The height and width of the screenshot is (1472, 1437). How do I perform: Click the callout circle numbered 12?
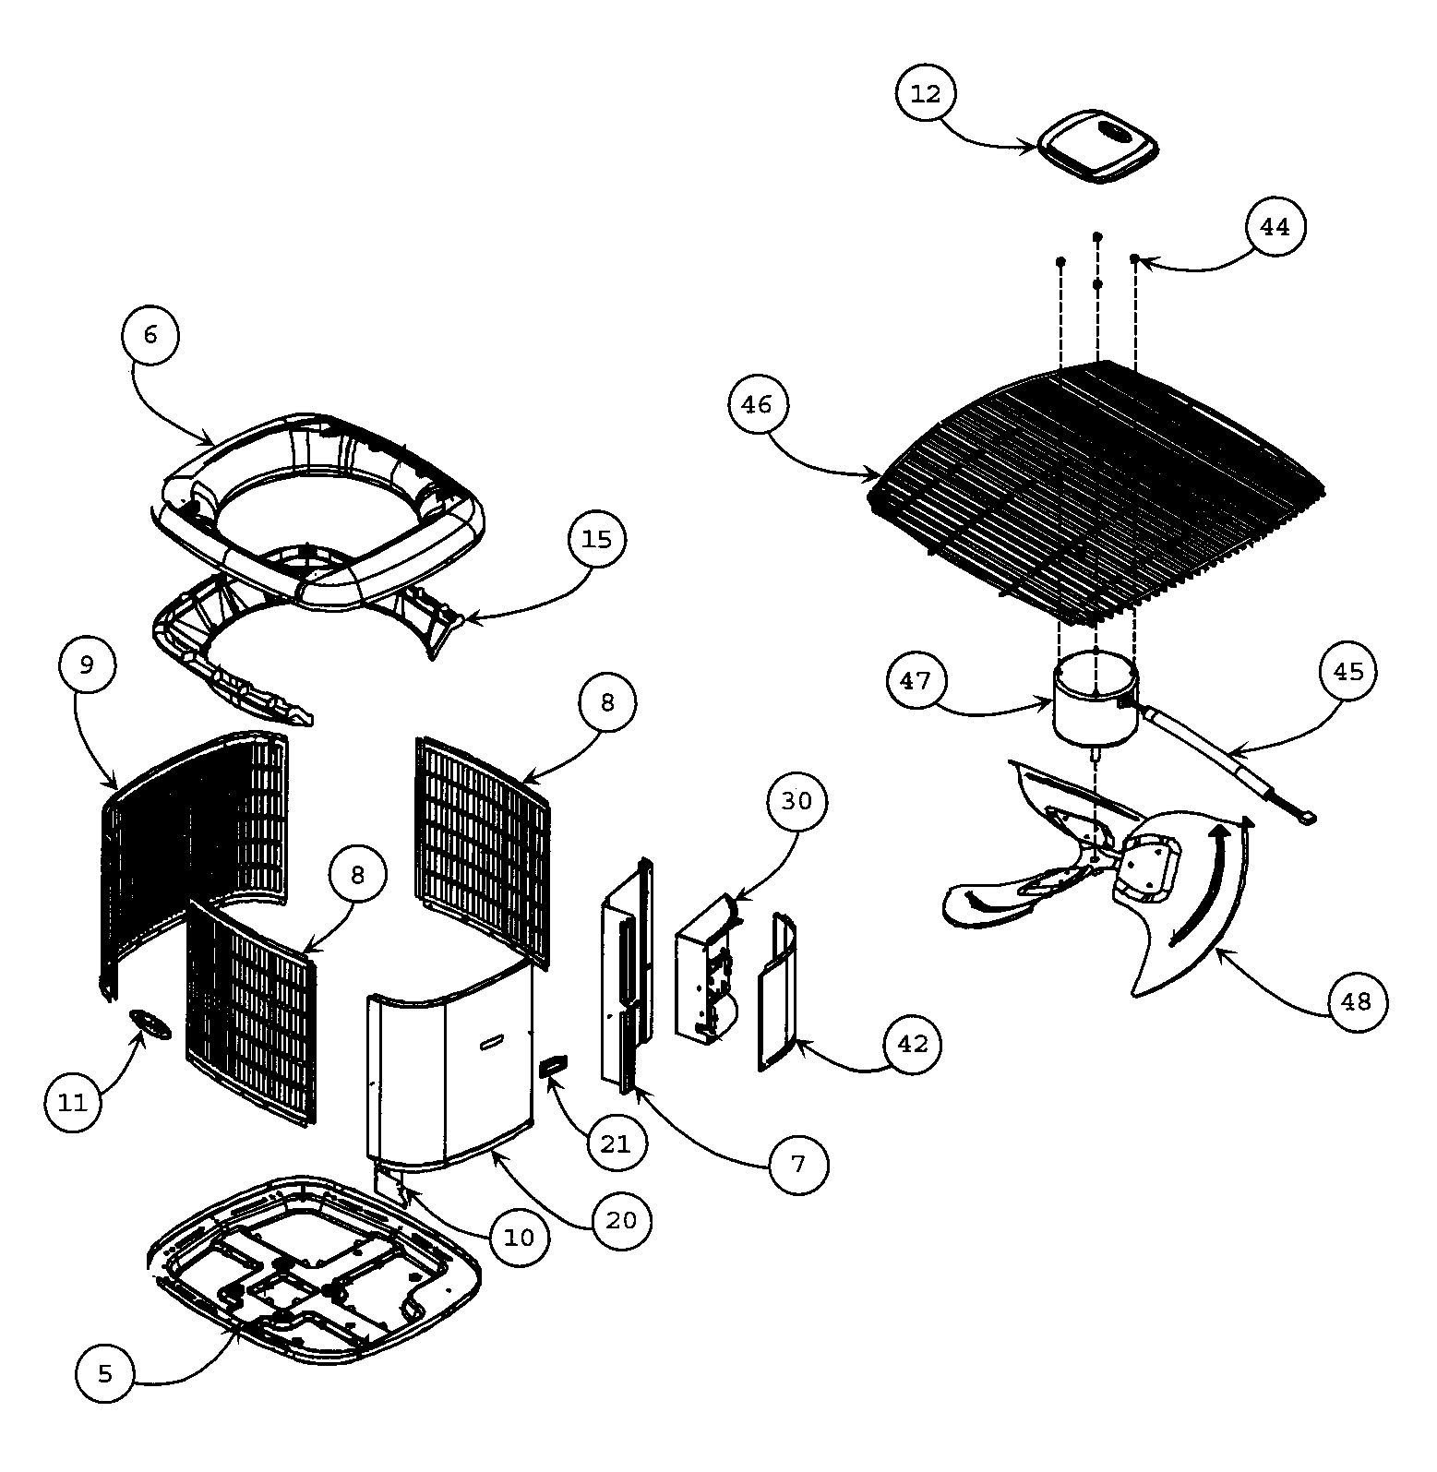tap(926, 94)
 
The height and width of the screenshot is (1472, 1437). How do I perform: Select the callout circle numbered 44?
tap(1275, 226)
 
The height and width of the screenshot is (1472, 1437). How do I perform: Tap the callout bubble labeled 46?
tap(757, 404)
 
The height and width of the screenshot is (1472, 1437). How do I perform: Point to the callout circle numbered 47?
tap(916, 680)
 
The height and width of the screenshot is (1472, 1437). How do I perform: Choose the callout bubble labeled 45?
tap(1348, 671)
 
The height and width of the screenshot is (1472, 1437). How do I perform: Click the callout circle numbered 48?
tap(1357, 1002)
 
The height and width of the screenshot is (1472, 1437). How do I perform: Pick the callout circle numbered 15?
tap(596, 539)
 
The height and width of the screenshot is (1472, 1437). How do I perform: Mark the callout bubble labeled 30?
tap(796, 800)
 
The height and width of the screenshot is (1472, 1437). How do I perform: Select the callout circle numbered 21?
tap(616, 1144)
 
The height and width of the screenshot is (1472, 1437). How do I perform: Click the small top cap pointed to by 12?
tap(1098, 148)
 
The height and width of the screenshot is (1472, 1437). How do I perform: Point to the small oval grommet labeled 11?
tap(150, 1023)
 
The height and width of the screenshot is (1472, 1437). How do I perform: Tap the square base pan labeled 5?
tap(314, 1269)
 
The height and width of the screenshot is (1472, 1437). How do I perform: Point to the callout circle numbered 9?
tap(87, 665)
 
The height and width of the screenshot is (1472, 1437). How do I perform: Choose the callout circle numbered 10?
tap(520, 1238)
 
